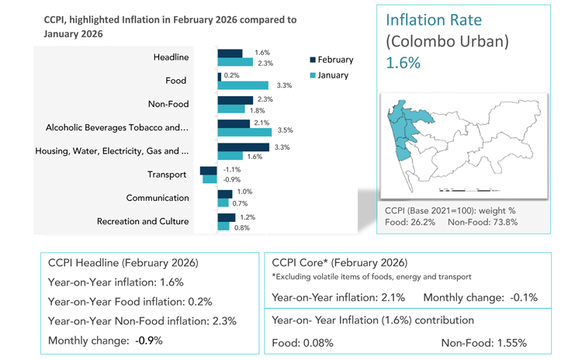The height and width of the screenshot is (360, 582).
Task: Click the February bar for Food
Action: point(219,76)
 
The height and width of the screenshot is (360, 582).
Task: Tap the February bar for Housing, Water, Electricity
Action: point(243,146)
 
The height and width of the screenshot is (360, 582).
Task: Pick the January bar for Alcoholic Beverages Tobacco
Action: point(244,132)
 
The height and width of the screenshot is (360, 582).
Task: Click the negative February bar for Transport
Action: point(208,169)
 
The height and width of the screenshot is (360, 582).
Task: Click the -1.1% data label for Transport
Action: point(232,169)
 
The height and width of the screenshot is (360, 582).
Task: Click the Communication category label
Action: point(157,198)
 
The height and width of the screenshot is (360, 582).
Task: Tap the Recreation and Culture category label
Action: point(143,221)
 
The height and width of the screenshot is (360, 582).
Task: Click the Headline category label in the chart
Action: point(171,57)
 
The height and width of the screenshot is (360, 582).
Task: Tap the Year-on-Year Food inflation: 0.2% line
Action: point(130,300)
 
